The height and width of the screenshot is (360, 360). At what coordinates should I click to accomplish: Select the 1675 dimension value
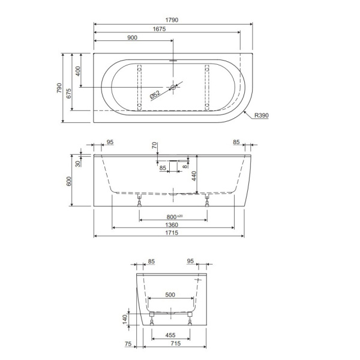(x=160, y=29)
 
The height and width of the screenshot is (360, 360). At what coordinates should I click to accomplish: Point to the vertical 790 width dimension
(x=59, y=88)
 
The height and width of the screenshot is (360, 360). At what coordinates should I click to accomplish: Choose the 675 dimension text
(x=68, y=92)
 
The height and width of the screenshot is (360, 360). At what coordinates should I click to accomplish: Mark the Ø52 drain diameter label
(x=154, y=94)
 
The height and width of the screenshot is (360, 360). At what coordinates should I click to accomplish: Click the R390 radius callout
(x=261, y=115)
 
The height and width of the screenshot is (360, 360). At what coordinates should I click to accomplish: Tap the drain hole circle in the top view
(x=173, y=88)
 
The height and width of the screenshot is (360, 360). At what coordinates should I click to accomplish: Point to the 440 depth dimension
(x=194, y=176)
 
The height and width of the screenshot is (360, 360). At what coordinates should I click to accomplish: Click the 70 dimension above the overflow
(x=154, y=145)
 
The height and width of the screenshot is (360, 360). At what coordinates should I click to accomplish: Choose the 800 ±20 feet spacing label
(x=175, y=217)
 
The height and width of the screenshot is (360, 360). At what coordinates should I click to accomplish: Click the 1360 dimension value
(x=172, y=225)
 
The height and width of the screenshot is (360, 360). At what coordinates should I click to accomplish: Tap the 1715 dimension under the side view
(x=169, y=233)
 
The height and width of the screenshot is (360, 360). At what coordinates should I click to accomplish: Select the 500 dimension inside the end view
(x=170, y=295)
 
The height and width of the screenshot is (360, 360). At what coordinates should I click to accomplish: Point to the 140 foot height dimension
(x=124, y=318)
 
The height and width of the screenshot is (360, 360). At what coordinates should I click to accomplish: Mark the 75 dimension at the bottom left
(x=128, y=344)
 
